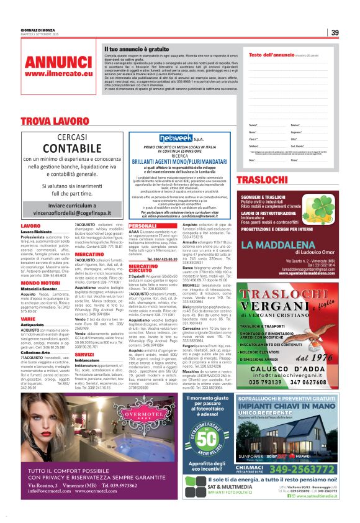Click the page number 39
(335, 33)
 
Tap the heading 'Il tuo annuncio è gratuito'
(136, 48)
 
